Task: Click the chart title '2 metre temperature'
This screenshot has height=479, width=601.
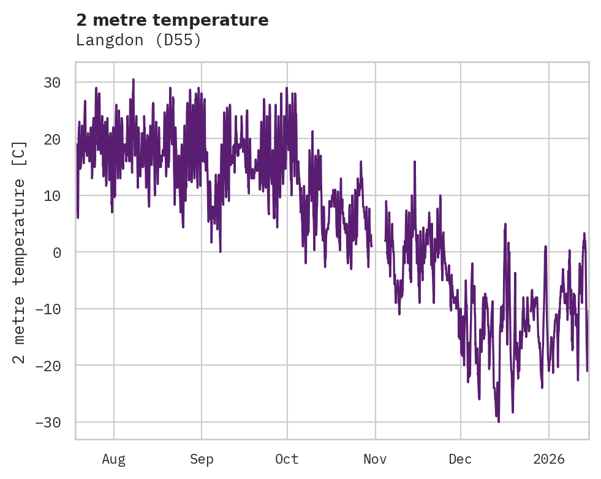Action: pos(172,20)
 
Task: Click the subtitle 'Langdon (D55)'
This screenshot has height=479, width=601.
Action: pos(138,40)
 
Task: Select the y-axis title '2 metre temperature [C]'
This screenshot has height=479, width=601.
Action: pos(20,252)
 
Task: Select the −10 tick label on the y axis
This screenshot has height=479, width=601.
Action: pos(51,309)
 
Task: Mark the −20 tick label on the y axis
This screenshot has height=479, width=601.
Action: pos(51,366)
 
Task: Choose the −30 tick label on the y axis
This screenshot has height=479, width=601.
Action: pos(51,423)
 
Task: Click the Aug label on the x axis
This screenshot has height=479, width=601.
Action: pos(114,459)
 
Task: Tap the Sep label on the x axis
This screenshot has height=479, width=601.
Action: pos(201,459)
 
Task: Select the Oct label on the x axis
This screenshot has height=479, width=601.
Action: pos(287,459)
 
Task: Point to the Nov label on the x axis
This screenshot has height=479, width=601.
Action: pos(375,459)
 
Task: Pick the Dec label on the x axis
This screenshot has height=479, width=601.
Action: pos(460,459)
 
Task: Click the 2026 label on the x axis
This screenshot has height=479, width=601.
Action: pos(548,459)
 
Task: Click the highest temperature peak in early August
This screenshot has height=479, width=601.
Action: pos(133,80)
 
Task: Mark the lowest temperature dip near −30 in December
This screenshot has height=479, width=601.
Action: pos(498,421)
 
